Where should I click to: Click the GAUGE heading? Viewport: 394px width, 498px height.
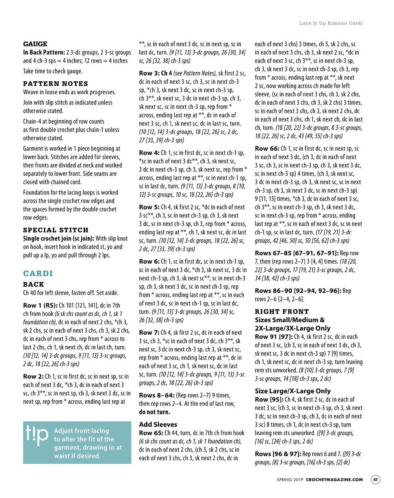35,44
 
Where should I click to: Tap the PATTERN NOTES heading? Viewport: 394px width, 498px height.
56,84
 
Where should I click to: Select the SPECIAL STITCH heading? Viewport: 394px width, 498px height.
56,230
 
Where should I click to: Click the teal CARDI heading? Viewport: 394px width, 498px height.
38,273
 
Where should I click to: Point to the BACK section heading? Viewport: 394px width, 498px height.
34,284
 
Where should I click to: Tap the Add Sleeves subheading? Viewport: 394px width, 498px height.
158,424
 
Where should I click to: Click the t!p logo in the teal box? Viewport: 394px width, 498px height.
37,436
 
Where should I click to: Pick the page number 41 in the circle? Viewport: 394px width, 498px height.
375,480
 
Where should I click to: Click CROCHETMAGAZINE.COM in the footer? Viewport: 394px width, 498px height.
334,480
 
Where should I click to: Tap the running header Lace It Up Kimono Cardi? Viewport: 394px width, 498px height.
331,23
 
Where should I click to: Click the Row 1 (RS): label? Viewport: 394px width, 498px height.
40,305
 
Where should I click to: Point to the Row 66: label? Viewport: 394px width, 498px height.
267,149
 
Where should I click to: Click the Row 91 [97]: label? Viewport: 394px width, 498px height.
273,336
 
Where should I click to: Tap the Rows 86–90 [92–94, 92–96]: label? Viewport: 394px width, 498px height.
298,291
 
